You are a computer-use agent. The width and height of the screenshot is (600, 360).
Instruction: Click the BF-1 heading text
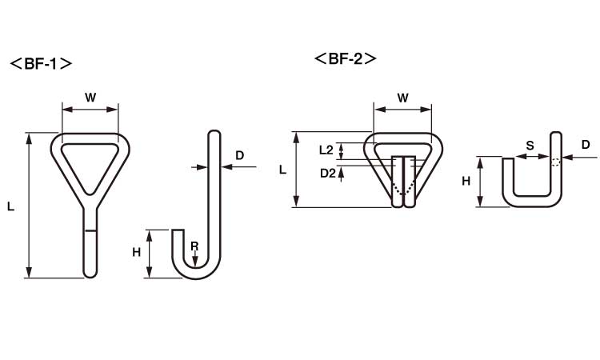[x=41, y=63]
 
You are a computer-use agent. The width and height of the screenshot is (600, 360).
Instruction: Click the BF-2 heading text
[x=345, y=58]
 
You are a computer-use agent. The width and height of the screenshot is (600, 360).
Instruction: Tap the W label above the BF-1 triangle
[x=90, y=98]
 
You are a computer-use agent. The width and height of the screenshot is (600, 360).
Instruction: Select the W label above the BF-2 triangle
[x=402, y=98]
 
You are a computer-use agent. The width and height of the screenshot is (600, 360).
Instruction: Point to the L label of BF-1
[x=10, y=207]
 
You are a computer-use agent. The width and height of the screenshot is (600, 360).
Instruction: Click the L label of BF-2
[x=282, y=170]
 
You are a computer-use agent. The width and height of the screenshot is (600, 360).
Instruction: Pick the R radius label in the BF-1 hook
[x=194, y=246]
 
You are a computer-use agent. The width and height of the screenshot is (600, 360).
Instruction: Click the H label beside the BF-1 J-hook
[x=136, y=252]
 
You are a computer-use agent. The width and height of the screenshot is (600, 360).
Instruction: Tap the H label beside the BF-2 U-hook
[x=466, y=181]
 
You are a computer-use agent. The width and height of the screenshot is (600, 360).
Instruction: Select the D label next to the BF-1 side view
[x=239, y=155]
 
